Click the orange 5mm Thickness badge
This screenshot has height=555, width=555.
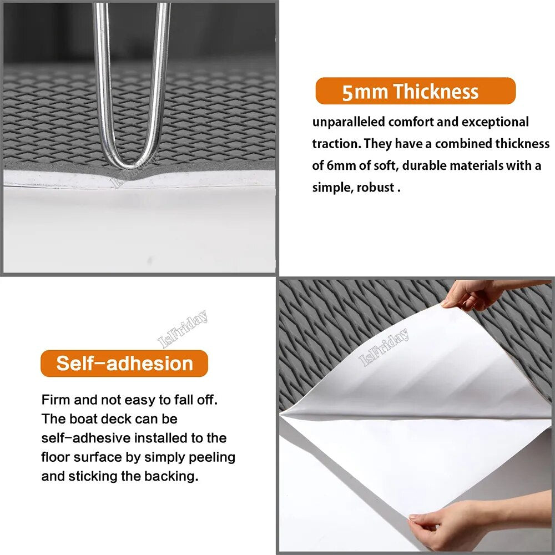[415, 91]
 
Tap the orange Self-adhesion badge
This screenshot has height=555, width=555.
[124, 363]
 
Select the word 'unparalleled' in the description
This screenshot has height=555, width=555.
[349, 122]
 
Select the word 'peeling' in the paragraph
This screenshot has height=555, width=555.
[211, 457]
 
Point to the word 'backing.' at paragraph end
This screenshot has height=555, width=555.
[171, 476]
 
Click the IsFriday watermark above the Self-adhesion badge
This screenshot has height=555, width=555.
[183, 329]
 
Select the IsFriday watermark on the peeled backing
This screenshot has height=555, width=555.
[384, 347]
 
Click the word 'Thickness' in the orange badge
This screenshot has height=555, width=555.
[436, 92]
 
